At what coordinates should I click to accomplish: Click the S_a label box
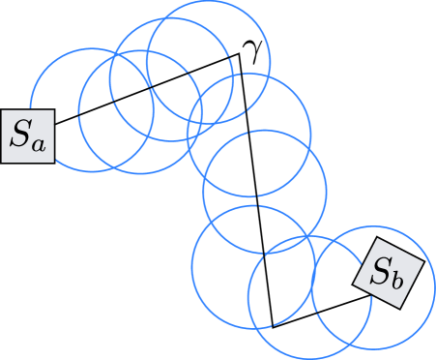(x=27, y=135)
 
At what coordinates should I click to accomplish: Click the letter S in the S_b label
(x=383, y=270)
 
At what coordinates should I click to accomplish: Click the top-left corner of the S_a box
(x=2, y=108)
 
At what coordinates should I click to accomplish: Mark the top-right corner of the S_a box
(x=53, y=108)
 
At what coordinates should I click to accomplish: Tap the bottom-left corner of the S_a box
(x=2, y=162)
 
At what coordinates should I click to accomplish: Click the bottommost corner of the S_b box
(x=405, y=308)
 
